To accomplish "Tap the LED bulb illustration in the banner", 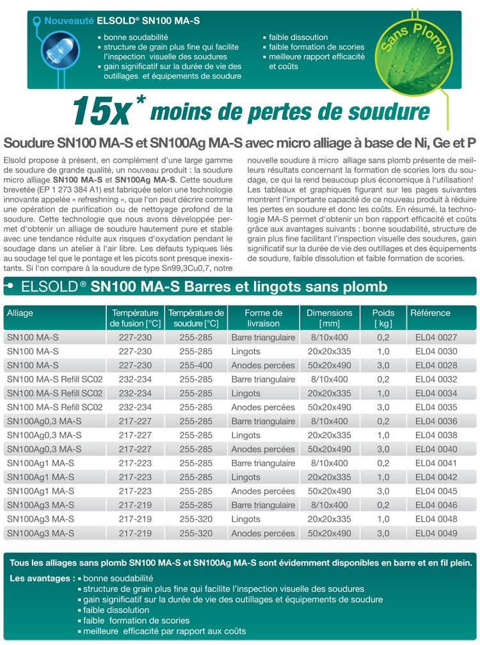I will (56, 52).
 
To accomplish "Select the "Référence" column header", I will (430, 313).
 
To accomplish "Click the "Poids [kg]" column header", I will (383, 318).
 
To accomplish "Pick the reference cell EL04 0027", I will (436, 338).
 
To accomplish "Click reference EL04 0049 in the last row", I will (436, 534).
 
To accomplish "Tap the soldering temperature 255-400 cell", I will (196, 366).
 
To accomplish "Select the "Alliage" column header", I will (20, 313).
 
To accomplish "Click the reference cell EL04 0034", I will (436, 393).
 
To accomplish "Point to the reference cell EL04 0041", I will (436, 463).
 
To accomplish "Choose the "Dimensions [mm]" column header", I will (329, 318).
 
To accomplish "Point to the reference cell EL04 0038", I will (436, 436).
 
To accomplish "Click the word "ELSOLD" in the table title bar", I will (49, 286).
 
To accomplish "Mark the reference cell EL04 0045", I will (436, 491).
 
